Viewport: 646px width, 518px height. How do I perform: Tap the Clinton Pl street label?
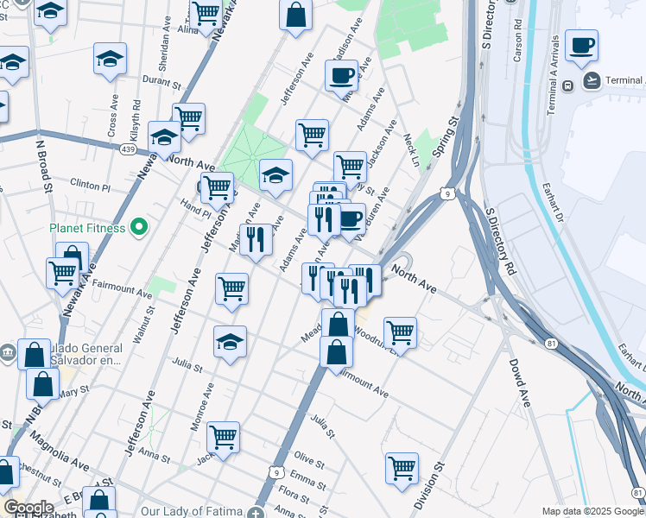91,186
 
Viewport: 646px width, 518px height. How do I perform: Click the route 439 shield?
127,149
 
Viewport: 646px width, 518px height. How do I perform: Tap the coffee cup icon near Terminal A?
581,45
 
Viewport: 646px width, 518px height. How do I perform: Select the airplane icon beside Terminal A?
592,81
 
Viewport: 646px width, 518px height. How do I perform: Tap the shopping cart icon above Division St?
402,468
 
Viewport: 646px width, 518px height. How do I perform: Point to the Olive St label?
308,458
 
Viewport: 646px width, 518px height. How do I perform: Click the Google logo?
28,508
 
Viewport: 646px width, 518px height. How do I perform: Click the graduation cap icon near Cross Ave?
110,59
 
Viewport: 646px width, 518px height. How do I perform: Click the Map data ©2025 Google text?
592,511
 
